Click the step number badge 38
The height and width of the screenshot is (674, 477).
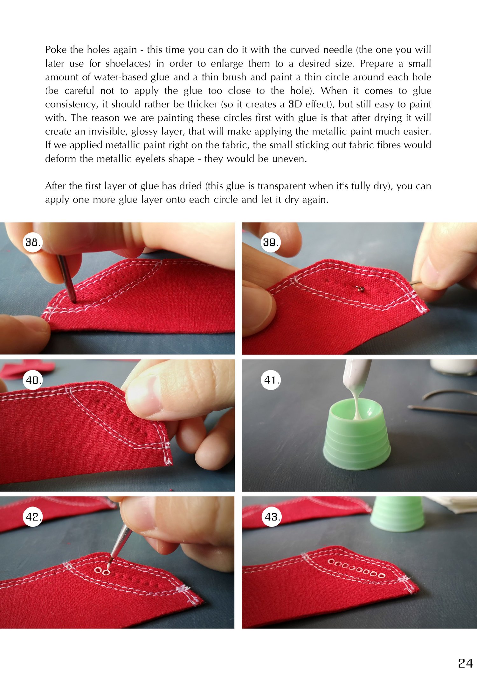[33, 242]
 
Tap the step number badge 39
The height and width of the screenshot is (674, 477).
[271, 242]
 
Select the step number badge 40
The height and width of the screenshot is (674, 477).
[33, 380]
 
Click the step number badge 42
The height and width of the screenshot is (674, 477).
[33, 517]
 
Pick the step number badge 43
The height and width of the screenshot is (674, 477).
[272, 517]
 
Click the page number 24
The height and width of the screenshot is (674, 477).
[465, 663]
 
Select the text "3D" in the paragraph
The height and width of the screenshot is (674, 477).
[295, 104]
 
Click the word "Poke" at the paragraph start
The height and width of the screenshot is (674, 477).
[56, 50]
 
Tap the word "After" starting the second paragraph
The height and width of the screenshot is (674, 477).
[56, 186]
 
